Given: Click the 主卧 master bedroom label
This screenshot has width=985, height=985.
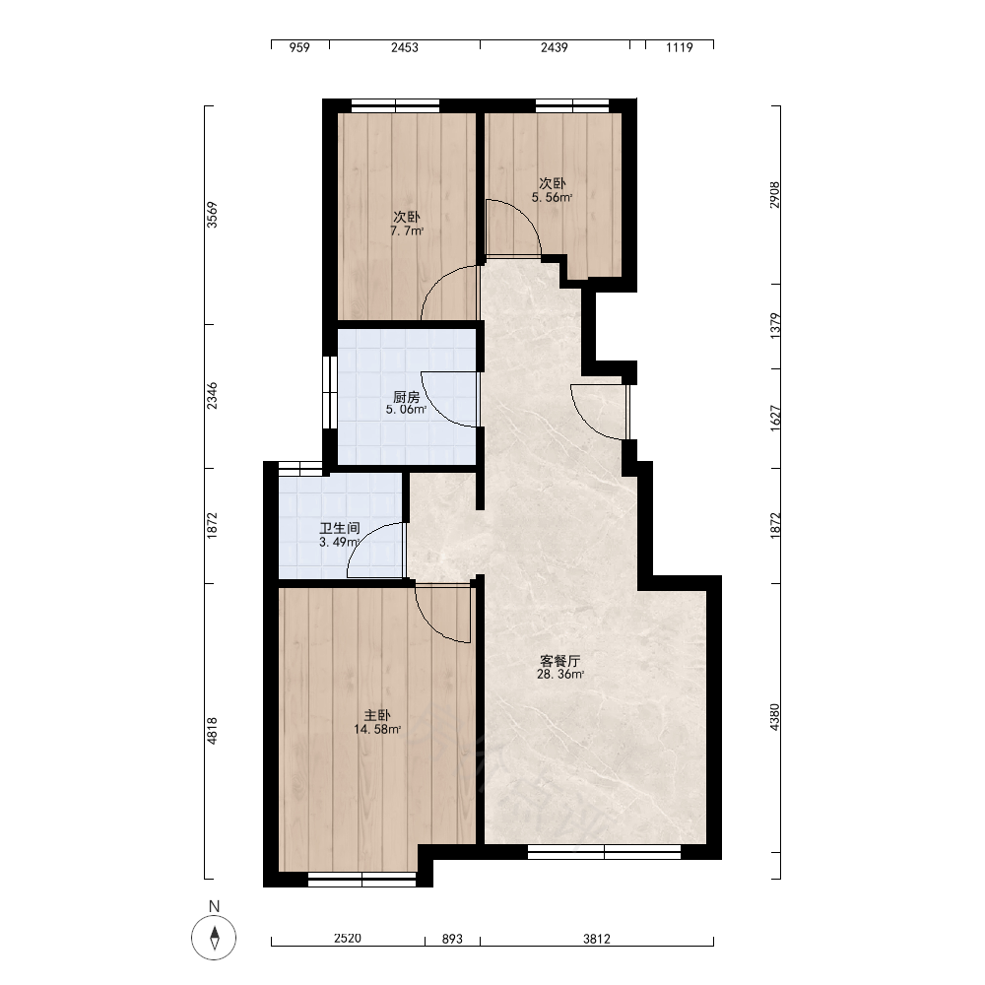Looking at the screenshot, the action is [x=377, y=715].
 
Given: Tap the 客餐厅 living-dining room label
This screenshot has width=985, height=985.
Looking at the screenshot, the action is [x=560, y=661].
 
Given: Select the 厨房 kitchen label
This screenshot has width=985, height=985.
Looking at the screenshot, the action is [x=407, y=397].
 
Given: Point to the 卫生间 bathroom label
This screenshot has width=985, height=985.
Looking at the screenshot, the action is [x=340, y=528].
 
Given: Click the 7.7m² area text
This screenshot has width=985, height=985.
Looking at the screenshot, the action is [x=407, y=230].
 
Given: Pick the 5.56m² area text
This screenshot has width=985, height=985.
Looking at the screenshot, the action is [x=553, y=197].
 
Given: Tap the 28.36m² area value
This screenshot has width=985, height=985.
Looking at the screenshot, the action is [x=560, y=675].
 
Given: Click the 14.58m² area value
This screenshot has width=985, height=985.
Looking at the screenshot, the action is [x=377, y=729].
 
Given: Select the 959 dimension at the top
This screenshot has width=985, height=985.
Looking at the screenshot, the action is [x=299, y=47].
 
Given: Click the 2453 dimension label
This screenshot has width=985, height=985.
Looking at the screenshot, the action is [x=405, y=47].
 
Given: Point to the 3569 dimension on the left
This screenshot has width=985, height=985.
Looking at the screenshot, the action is [x=213, y=215].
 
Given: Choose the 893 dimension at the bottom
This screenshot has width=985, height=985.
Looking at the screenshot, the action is [x=452, y=939].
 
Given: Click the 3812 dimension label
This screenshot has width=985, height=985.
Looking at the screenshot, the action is [x=597, y=939].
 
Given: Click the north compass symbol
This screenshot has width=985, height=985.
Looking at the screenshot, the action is [x=214, y=938].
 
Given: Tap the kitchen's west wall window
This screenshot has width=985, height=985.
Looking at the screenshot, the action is [x=330, y=393].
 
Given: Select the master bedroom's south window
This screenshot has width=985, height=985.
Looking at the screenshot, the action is [x=361, y=880].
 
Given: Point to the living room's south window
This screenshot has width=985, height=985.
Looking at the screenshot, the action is [x=605, y=852].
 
